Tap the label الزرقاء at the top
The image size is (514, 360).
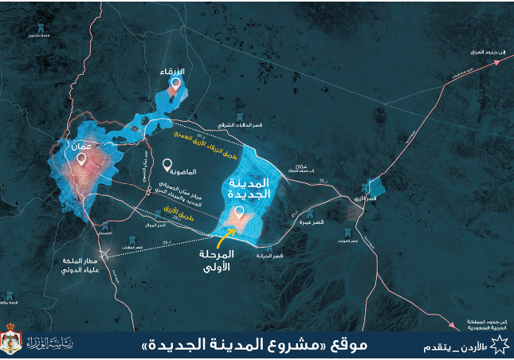point(173,72)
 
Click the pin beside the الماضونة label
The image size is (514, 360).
point(167,166)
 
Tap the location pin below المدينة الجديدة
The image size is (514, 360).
point(238,212)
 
